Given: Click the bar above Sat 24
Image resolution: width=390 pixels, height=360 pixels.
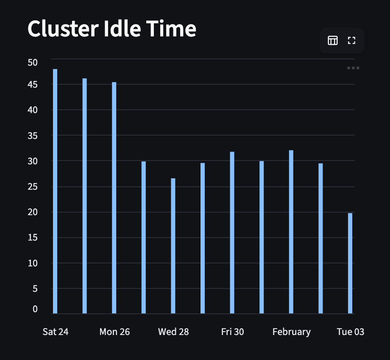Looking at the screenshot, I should [55, 191].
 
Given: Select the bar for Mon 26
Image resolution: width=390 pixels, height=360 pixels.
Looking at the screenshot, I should [114, 198].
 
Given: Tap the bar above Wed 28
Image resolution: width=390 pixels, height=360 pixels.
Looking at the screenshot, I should [173, 246].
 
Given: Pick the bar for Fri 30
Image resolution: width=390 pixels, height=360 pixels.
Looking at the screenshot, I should [232, 233].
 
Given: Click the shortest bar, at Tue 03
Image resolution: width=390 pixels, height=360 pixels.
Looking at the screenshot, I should [350, 263].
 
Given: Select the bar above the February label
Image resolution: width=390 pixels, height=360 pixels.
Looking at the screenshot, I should [291, 232].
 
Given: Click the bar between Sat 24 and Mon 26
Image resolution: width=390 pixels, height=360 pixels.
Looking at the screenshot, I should [85, 196].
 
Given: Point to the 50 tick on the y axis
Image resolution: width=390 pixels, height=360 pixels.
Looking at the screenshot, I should [33, 63].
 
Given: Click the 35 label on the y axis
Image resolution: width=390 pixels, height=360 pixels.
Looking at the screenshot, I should [33, 136].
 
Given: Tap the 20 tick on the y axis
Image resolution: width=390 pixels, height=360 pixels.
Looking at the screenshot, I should [33, 212].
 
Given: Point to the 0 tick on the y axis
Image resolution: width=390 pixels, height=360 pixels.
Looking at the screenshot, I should [35, 309].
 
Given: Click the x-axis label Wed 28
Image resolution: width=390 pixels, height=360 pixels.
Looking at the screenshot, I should [173, 332].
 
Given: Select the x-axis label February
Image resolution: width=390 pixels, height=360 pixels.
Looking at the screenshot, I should [292, 332].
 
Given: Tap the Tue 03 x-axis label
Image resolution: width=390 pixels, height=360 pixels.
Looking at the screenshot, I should [351, 332].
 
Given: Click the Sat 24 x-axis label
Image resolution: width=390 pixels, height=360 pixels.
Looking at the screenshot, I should [56, 332].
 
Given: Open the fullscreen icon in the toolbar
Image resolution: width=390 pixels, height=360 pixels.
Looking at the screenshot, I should [351, 41].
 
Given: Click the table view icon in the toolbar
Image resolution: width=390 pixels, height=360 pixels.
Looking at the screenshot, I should [333, 41].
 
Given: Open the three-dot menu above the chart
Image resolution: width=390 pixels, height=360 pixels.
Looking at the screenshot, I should [353, 68].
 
